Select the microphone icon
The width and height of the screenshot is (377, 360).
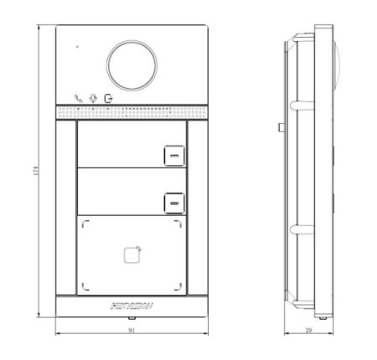[x=94, y=97]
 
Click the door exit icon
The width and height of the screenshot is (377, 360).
[x=108, y=97]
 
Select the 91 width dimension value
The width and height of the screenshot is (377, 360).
[x=132, y=332]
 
